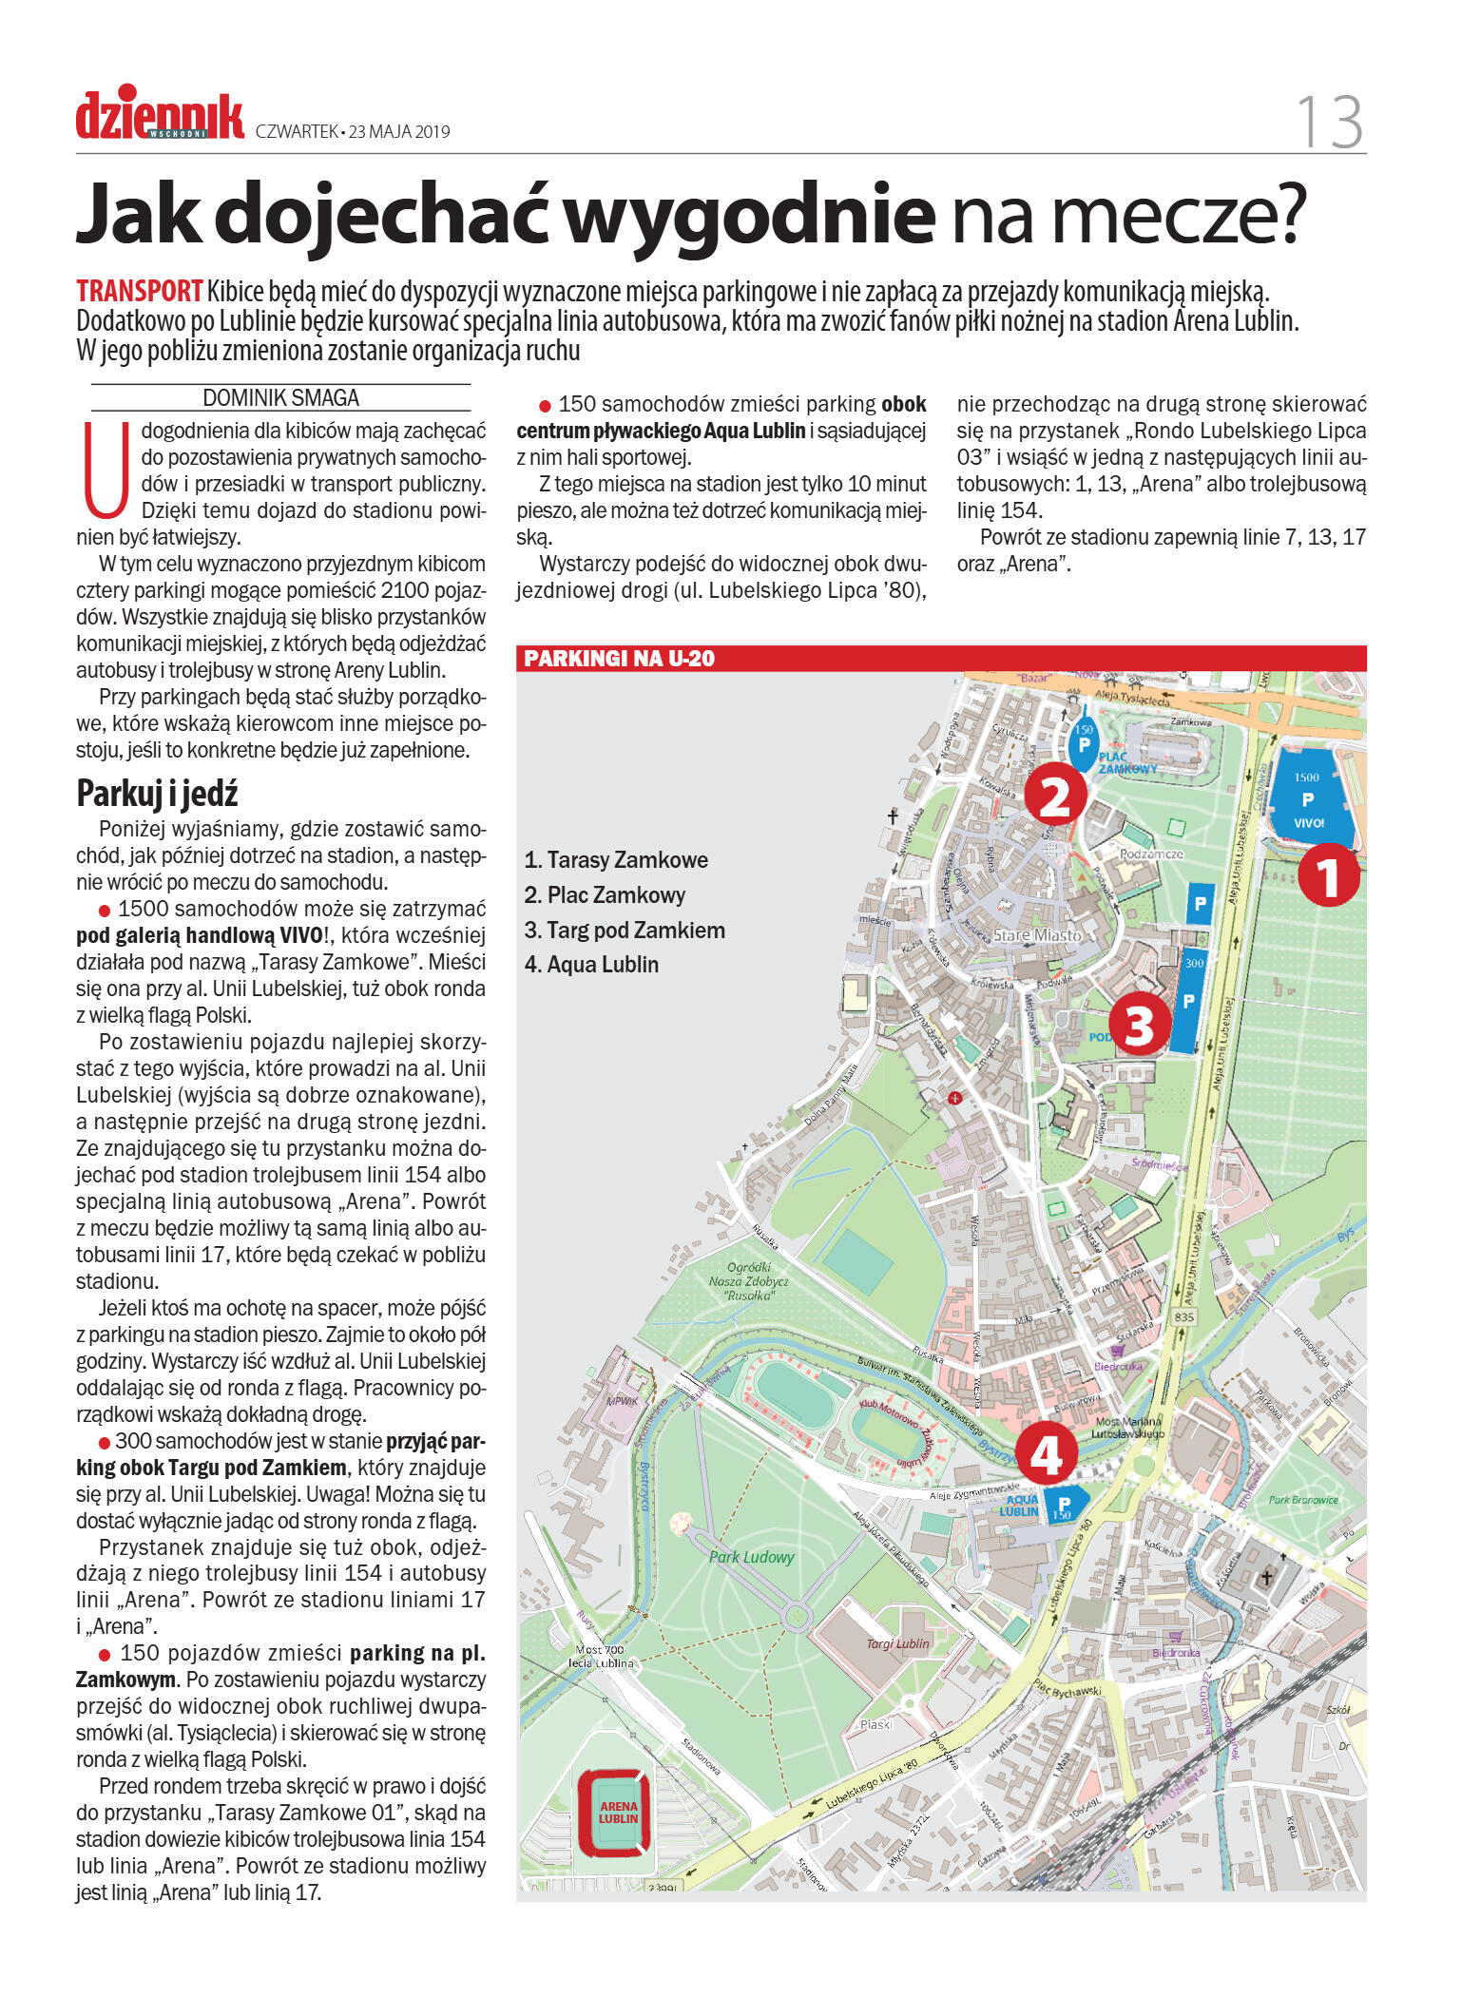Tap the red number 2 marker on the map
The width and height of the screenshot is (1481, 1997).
(1055, 795)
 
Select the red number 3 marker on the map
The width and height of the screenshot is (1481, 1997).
(1139, 1024)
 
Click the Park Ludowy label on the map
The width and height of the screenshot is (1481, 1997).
(751, 1557)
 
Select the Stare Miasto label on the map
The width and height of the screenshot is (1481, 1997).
(1037, 934)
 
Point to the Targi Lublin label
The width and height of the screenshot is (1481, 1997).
(897, 1643)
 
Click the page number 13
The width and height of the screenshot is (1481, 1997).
(1330, 122)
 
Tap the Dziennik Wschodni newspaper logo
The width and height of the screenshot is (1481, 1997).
(160, 117)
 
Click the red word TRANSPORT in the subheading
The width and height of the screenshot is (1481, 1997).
(140, 291)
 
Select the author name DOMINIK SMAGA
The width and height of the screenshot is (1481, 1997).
(280, 397)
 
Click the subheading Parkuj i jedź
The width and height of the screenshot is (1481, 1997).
(157, 793)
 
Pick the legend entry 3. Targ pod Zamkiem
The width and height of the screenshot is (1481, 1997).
(625, 930)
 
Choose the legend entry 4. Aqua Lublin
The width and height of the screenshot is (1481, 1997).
(591, 964)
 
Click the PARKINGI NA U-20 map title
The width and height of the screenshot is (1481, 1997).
(619, 658)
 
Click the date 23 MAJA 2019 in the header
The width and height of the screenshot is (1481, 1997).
(399, 131)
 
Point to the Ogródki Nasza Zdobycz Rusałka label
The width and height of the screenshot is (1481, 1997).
(748, 1280)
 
